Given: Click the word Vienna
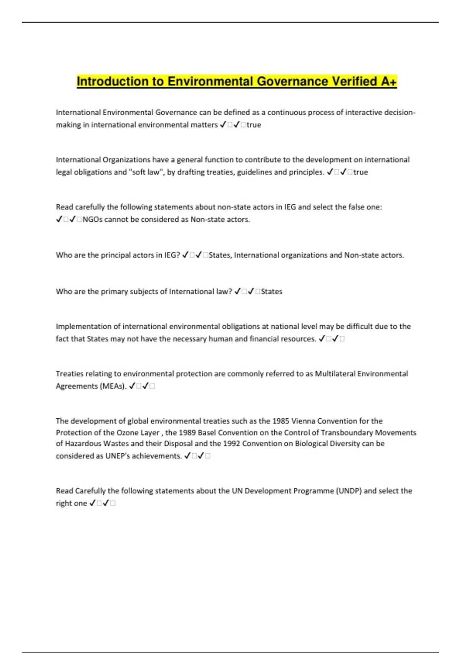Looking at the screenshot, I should pos(303,421).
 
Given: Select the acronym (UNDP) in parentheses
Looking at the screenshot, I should pos(349,491).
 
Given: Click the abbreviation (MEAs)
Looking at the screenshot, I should pos(113,386).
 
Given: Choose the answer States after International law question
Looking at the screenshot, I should pos(272,292).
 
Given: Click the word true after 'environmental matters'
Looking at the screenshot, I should pos(254,125).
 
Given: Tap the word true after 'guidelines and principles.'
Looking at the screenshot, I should pos(360,172).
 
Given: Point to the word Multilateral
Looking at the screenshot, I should pos(335,374).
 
